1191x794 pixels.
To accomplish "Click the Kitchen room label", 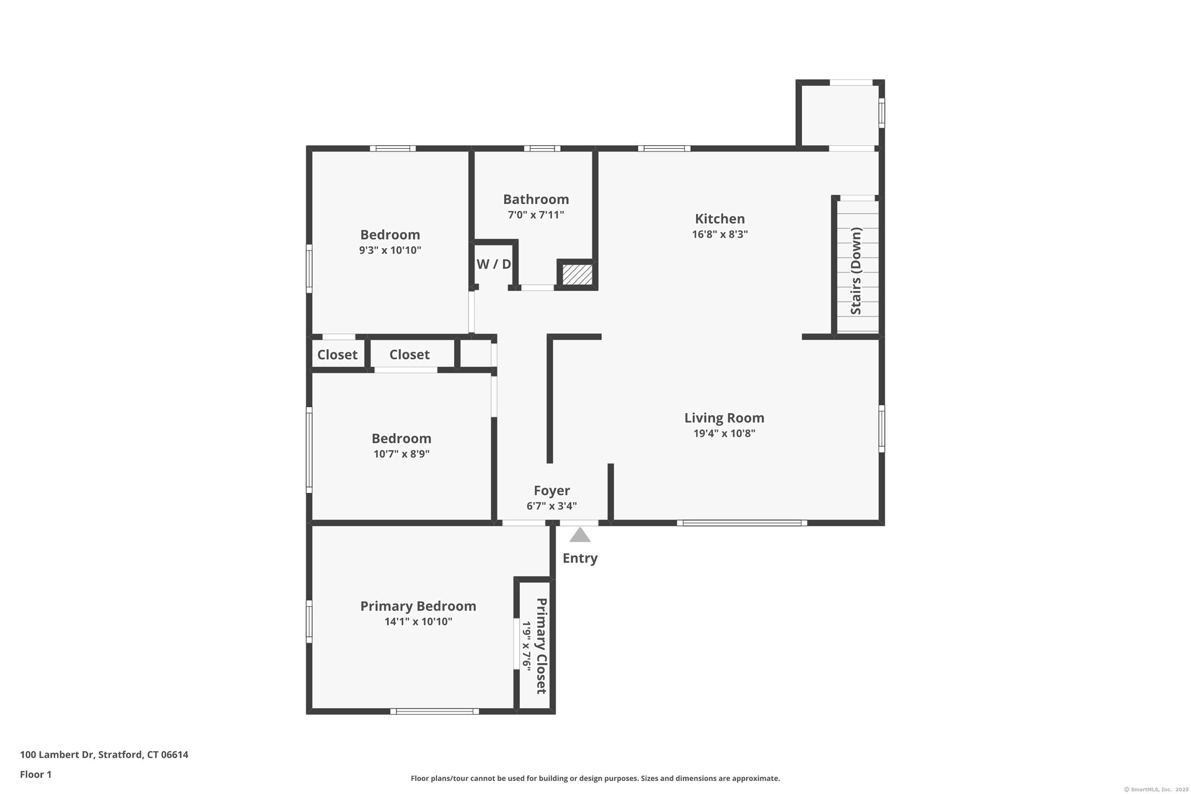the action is point(720,219).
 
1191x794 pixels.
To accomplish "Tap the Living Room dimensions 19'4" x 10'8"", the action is point(724,434).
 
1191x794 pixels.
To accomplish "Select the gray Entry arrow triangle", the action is point(580,535).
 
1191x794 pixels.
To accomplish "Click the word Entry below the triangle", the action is point(580,558).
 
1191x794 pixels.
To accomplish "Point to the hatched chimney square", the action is point(577,274).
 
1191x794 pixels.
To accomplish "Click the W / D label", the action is point(494,264).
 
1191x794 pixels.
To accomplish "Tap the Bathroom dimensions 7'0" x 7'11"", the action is point(536,215).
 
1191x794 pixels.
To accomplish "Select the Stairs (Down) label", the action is point(856,271).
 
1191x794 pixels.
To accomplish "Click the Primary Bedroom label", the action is point(418,606).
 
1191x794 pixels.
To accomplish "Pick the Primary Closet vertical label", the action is point(542,646).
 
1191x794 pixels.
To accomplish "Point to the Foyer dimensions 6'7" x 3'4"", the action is point(551,506).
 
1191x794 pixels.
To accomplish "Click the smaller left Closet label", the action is point(337,355).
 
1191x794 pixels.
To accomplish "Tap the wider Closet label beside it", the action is point(409,354).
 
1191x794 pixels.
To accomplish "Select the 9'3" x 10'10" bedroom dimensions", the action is point(390,251).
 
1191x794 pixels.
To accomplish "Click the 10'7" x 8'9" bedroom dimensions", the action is point(401,454).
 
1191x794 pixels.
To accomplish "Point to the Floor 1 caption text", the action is point(36,774).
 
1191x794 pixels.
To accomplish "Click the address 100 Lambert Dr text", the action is point(57,755).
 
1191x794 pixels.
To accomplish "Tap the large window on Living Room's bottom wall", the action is point(742,523).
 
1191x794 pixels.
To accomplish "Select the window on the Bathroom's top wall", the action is point(542,148).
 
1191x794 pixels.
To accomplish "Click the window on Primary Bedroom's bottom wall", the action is point(434,711).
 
